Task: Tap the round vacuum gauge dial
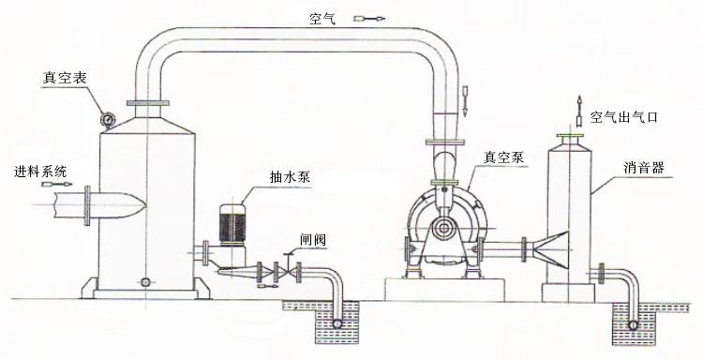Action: pos(109,119)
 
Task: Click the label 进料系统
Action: pos(40,172)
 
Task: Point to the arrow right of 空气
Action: pos(373,18)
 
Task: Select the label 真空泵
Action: pos(502,157)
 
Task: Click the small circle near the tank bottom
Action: pos(145,280)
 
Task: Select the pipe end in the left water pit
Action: pos(335,322)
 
